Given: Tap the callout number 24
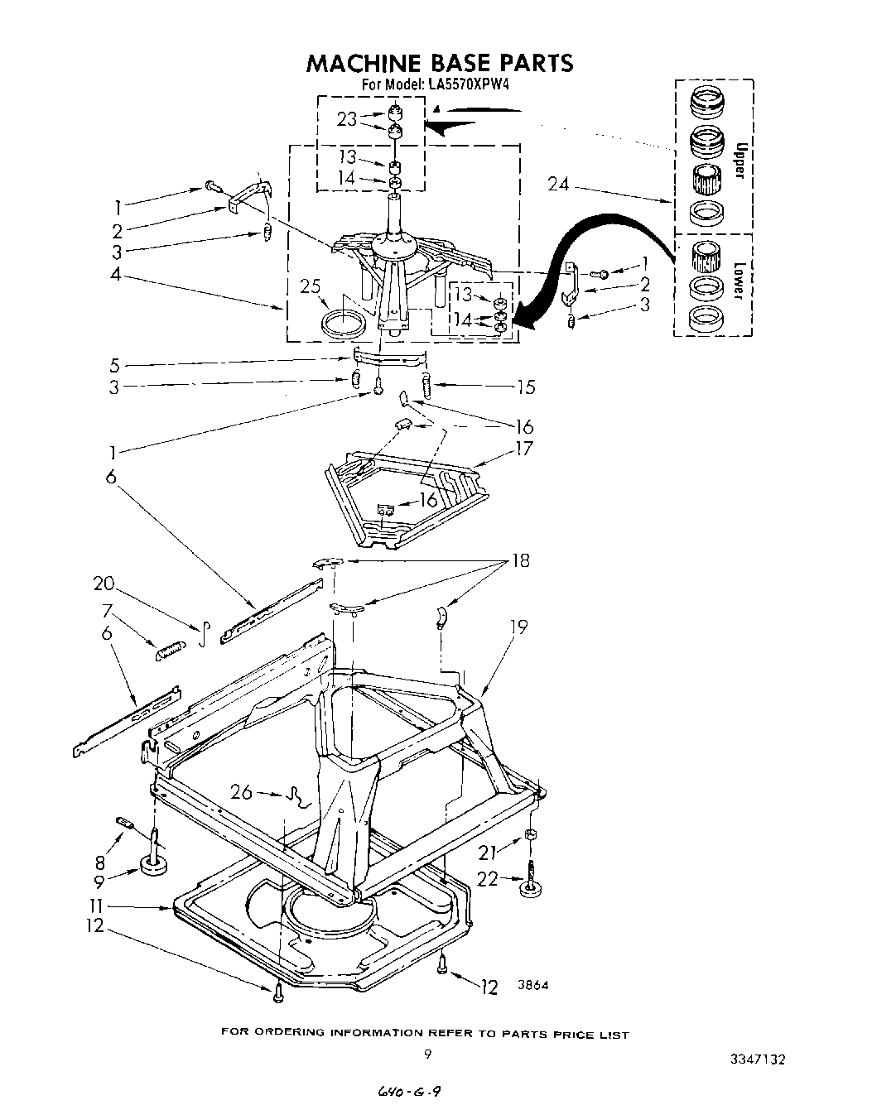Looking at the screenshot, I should point(558,184).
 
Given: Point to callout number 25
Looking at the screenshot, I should point(310,286).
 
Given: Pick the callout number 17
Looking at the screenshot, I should point(524,449).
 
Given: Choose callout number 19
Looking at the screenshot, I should point(518,627).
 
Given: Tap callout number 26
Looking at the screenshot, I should point(241,792).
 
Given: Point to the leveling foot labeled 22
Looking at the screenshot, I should point(529,886).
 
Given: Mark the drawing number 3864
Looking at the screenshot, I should point(533,985).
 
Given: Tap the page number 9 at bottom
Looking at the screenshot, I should point(428,1054).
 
